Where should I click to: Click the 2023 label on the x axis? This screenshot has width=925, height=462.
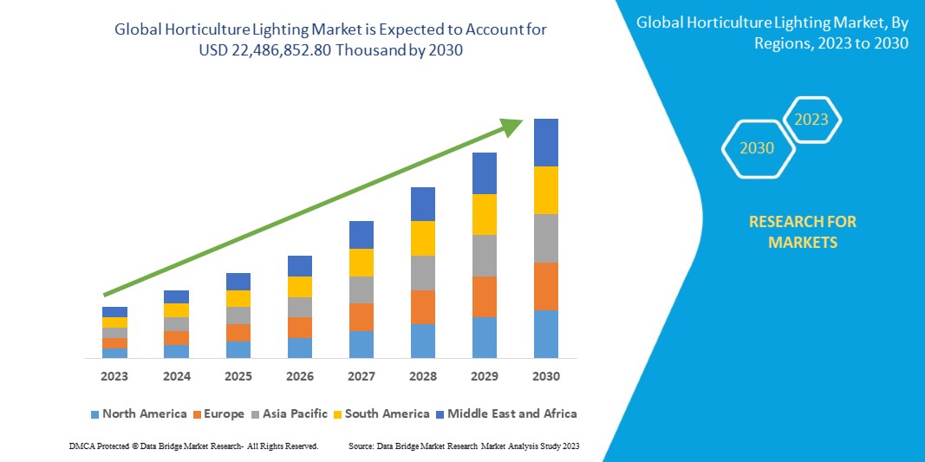click(x=114, y=376)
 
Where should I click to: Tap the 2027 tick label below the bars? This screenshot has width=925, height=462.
click(x=362, y=376)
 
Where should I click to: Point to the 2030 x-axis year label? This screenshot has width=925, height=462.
click(x=546, y=376)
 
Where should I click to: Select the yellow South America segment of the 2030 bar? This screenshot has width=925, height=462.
click(x=546, y=190)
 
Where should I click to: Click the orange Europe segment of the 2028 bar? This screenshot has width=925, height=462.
click(x=422, y=307)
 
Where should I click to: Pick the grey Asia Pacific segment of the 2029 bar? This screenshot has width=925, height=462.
click(x=485, y=256)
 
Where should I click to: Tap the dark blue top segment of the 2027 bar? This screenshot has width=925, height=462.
click(x=362, y=235)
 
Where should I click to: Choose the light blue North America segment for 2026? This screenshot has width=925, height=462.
click(x=300, y=348)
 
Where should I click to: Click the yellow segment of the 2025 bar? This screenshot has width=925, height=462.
click(x=238, y=298)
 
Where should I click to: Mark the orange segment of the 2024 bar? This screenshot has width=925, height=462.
click(x=177, y=338)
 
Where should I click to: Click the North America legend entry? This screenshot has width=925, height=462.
click(x=139, y=413)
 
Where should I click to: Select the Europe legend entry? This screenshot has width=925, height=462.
click(x=218, y=413)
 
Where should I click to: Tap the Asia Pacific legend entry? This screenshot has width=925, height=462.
click(x=290, y=413)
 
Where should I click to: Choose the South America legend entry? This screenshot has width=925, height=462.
click(x=381, y=413)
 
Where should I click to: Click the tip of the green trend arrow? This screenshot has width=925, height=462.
click(x=518, y=122)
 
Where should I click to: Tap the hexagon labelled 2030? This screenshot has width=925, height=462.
click(x=757, y=148)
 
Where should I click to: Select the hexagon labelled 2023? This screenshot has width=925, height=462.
click(x=811, y=120)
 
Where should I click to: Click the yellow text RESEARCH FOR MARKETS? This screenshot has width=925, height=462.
click(x=802, y=232)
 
